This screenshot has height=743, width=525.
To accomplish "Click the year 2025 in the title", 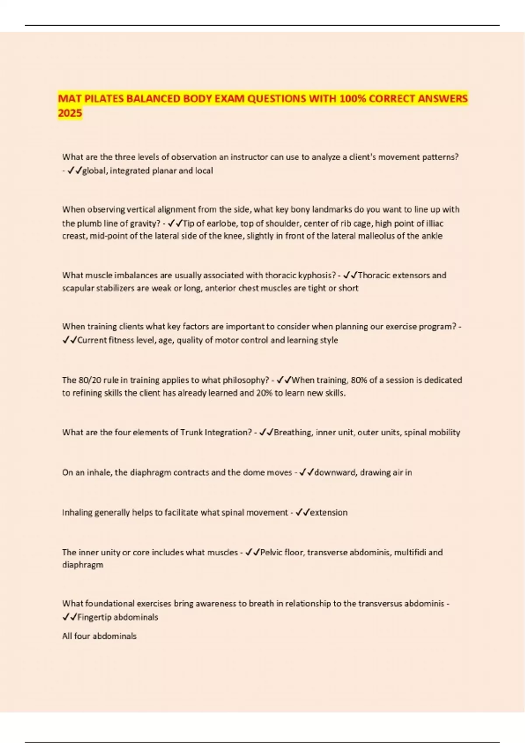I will (70, 113).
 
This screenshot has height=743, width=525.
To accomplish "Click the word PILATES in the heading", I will (102, 99).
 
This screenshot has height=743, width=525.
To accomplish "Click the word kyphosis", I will (317, 275).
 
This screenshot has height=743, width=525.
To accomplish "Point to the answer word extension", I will (329, 512).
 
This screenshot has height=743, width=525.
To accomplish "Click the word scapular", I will (77, 288).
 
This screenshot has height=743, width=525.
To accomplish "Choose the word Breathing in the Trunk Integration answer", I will (293, 432).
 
